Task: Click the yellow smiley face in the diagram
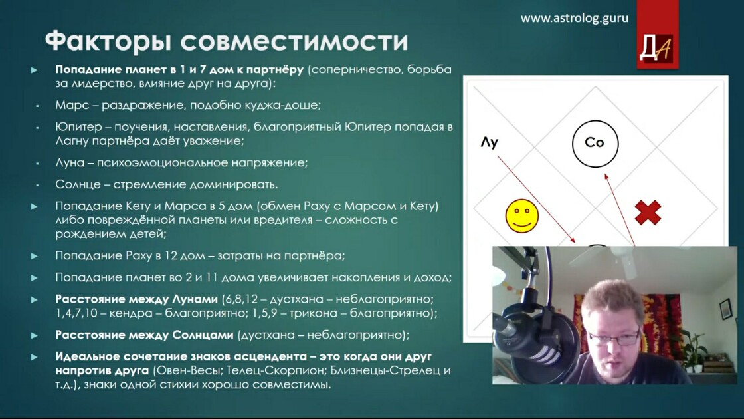click(x=522, y=216)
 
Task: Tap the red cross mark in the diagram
click(x=648, y=212)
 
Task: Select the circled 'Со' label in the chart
click(x=595, y=144)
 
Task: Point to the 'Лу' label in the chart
click(x=489, y=142)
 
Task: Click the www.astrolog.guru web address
click(x=575, y=18)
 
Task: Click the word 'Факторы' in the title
click(x=108, y=41)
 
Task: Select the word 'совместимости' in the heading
click(x=294, y=41)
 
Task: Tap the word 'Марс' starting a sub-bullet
click(x=72, y=105)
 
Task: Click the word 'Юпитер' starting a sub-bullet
click(x=79, y=127)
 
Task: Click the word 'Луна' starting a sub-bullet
click(x=70, y=162)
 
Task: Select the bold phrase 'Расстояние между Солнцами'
click(x=144, y=335)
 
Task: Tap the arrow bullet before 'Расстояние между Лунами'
click(x=34, y=300)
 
